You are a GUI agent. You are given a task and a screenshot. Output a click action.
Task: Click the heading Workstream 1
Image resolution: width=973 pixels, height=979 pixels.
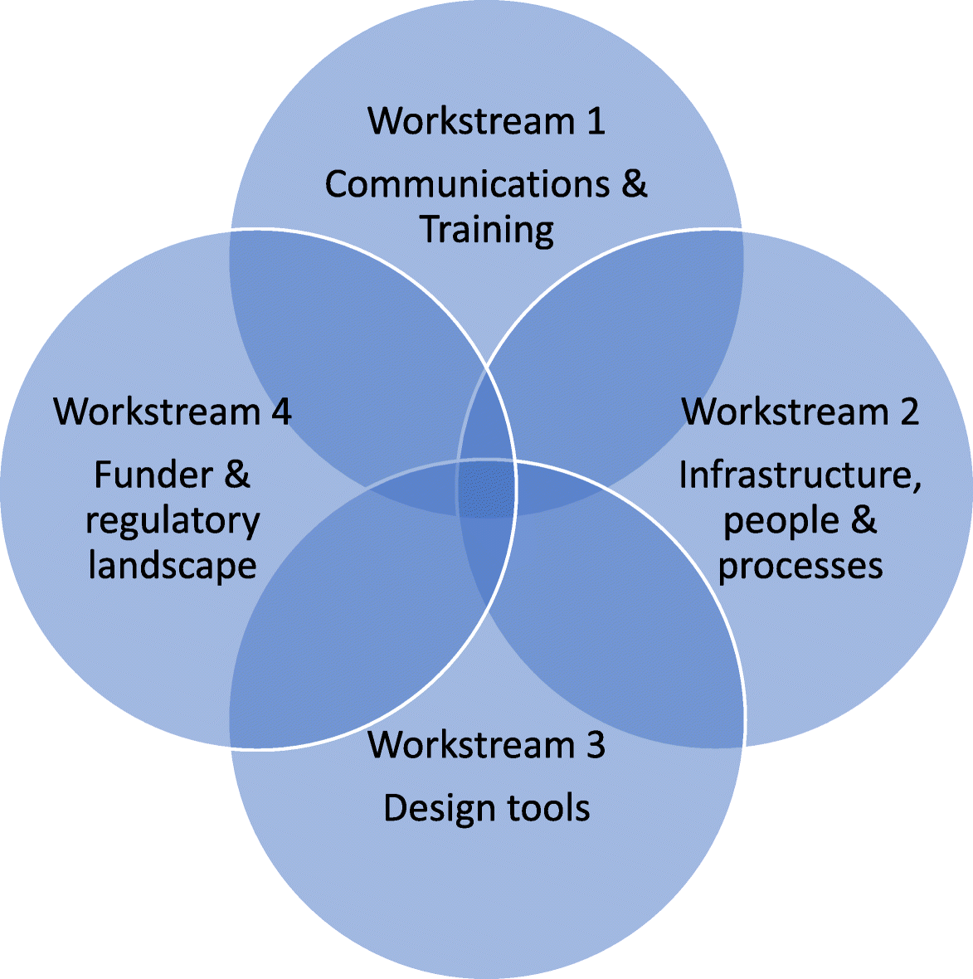tap(486, 121)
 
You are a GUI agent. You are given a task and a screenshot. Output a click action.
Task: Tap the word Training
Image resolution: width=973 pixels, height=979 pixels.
tap(487, 230)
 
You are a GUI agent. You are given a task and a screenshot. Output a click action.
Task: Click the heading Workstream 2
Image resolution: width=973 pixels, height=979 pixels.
tap(800, 412)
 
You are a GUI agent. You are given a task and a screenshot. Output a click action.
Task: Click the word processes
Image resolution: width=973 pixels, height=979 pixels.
tap(800, 566)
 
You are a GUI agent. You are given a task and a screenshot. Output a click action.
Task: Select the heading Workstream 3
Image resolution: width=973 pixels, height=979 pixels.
tap(486, 744)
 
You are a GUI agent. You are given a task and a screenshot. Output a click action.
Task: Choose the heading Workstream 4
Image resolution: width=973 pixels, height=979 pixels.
tap(173, 412)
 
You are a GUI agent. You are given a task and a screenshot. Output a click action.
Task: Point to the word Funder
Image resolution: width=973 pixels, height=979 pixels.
tap(142, 475)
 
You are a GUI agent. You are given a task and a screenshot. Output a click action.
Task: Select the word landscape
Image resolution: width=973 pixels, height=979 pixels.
tap(173, 566)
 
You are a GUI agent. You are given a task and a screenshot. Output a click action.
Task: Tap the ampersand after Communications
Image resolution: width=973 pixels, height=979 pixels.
tap(633, 184)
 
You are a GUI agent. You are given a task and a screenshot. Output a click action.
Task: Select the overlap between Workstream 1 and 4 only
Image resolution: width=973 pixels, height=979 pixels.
tap(348, 348)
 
